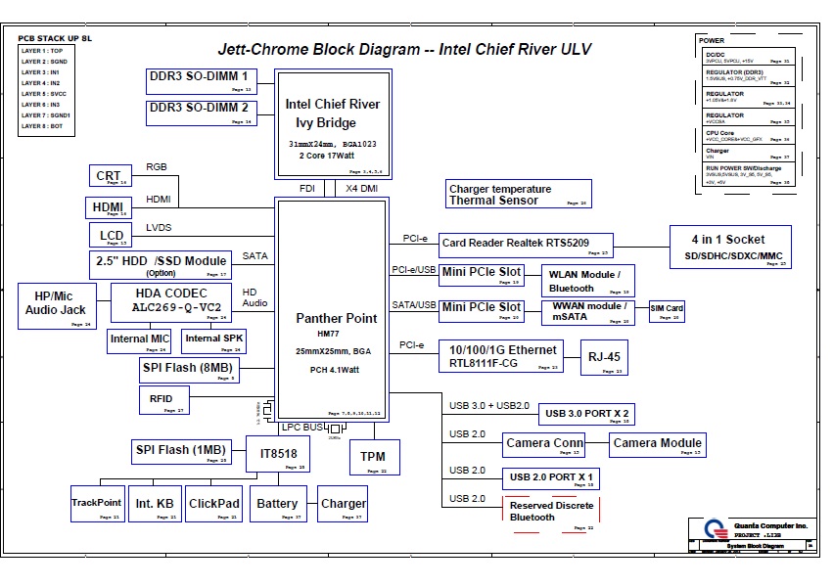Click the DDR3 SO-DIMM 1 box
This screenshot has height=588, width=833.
(202, 79)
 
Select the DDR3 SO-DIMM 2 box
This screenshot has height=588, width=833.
(202, 111)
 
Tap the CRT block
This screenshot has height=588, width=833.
(109, 176)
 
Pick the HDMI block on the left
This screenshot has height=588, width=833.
(109, 207)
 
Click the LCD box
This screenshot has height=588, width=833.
(112, 236)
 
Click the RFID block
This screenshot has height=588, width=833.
(162, 400)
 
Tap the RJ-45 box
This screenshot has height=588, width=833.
(603, 357)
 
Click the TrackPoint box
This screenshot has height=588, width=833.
(97, 506)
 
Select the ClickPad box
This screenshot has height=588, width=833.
(213, 506)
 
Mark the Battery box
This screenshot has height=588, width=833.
(277, 506)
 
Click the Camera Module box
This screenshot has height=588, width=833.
(657, 445)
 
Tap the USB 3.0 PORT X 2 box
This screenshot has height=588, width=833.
(586, 415)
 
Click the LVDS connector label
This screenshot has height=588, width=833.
(159, 227)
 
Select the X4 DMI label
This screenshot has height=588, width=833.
(362, 188)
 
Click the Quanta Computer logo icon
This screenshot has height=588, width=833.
(716, 532)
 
